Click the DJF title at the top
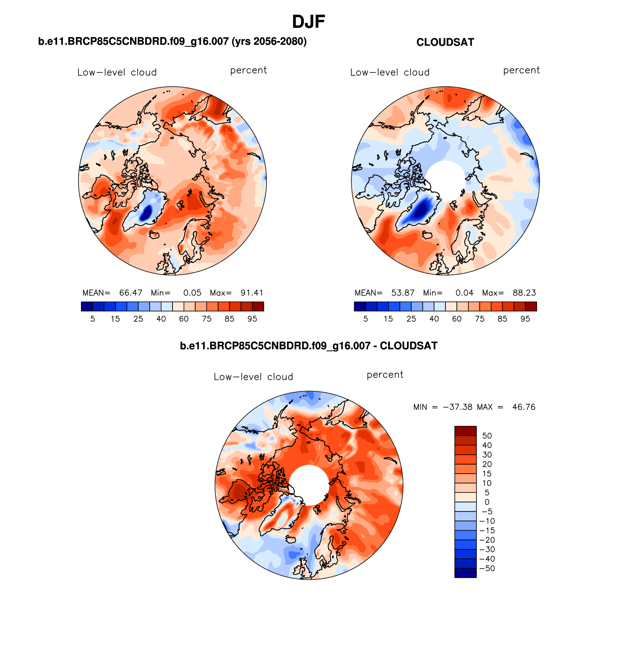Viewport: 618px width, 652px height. (x=308, y=22)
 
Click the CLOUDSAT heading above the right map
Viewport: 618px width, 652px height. (x=445, y=43)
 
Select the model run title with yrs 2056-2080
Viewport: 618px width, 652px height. (x=172, y=42)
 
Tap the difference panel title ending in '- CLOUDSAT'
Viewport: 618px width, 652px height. (x=308, y=346)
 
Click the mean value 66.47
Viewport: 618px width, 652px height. (x=131, y=293)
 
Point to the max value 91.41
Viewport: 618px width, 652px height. (x=252, y=293)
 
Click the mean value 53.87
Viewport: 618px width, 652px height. (x=403, y=293)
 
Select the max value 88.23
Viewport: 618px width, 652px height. (x=524, y=293)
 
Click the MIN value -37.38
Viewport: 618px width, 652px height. (x=458, y=407)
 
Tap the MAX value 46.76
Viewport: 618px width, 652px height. (x=524, y=407)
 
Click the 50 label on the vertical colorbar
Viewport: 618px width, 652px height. (x=487, y=436)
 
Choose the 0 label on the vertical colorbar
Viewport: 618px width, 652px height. (x=487, y=502)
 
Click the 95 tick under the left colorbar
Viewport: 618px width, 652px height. (x=252, y=319)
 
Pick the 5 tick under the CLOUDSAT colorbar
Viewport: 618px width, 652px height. (x=365, y=319)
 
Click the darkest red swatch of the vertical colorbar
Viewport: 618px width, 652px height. (x=465, y=431)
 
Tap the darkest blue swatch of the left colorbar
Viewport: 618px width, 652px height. (x=87, y=307)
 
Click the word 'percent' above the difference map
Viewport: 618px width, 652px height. (x=385, y=375)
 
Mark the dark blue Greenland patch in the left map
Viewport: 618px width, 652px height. (x=147, y=213)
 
